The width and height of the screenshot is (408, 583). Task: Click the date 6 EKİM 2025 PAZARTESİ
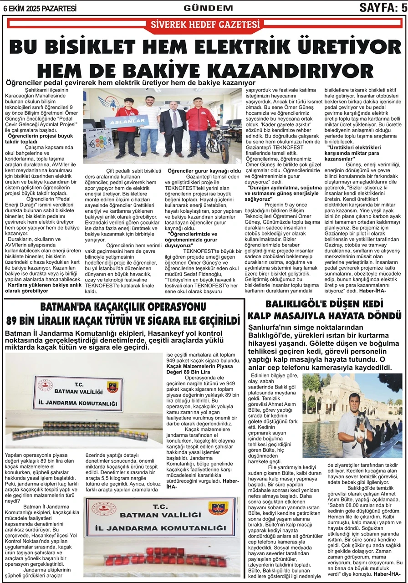point(40,8)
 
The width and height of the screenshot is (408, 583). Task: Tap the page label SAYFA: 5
point(382,7)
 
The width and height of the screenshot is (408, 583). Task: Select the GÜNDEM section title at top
point(203,8)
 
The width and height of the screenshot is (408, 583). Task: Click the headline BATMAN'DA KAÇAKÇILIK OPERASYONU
point(123,307)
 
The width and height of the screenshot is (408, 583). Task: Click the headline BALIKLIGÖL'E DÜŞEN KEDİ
point(326,304)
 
